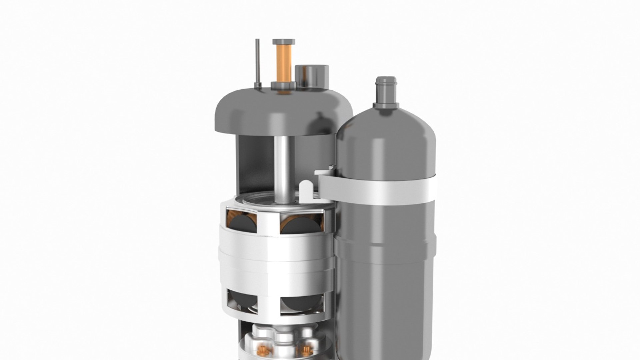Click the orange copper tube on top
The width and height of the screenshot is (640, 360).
(284, 63)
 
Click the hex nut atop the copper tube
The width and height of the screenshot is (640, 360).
(284, 42)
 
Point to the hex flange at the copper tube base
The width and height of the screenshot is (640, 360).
(284, 85)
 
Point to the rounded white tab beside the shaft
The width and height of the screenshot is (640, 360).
(306, 192)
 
